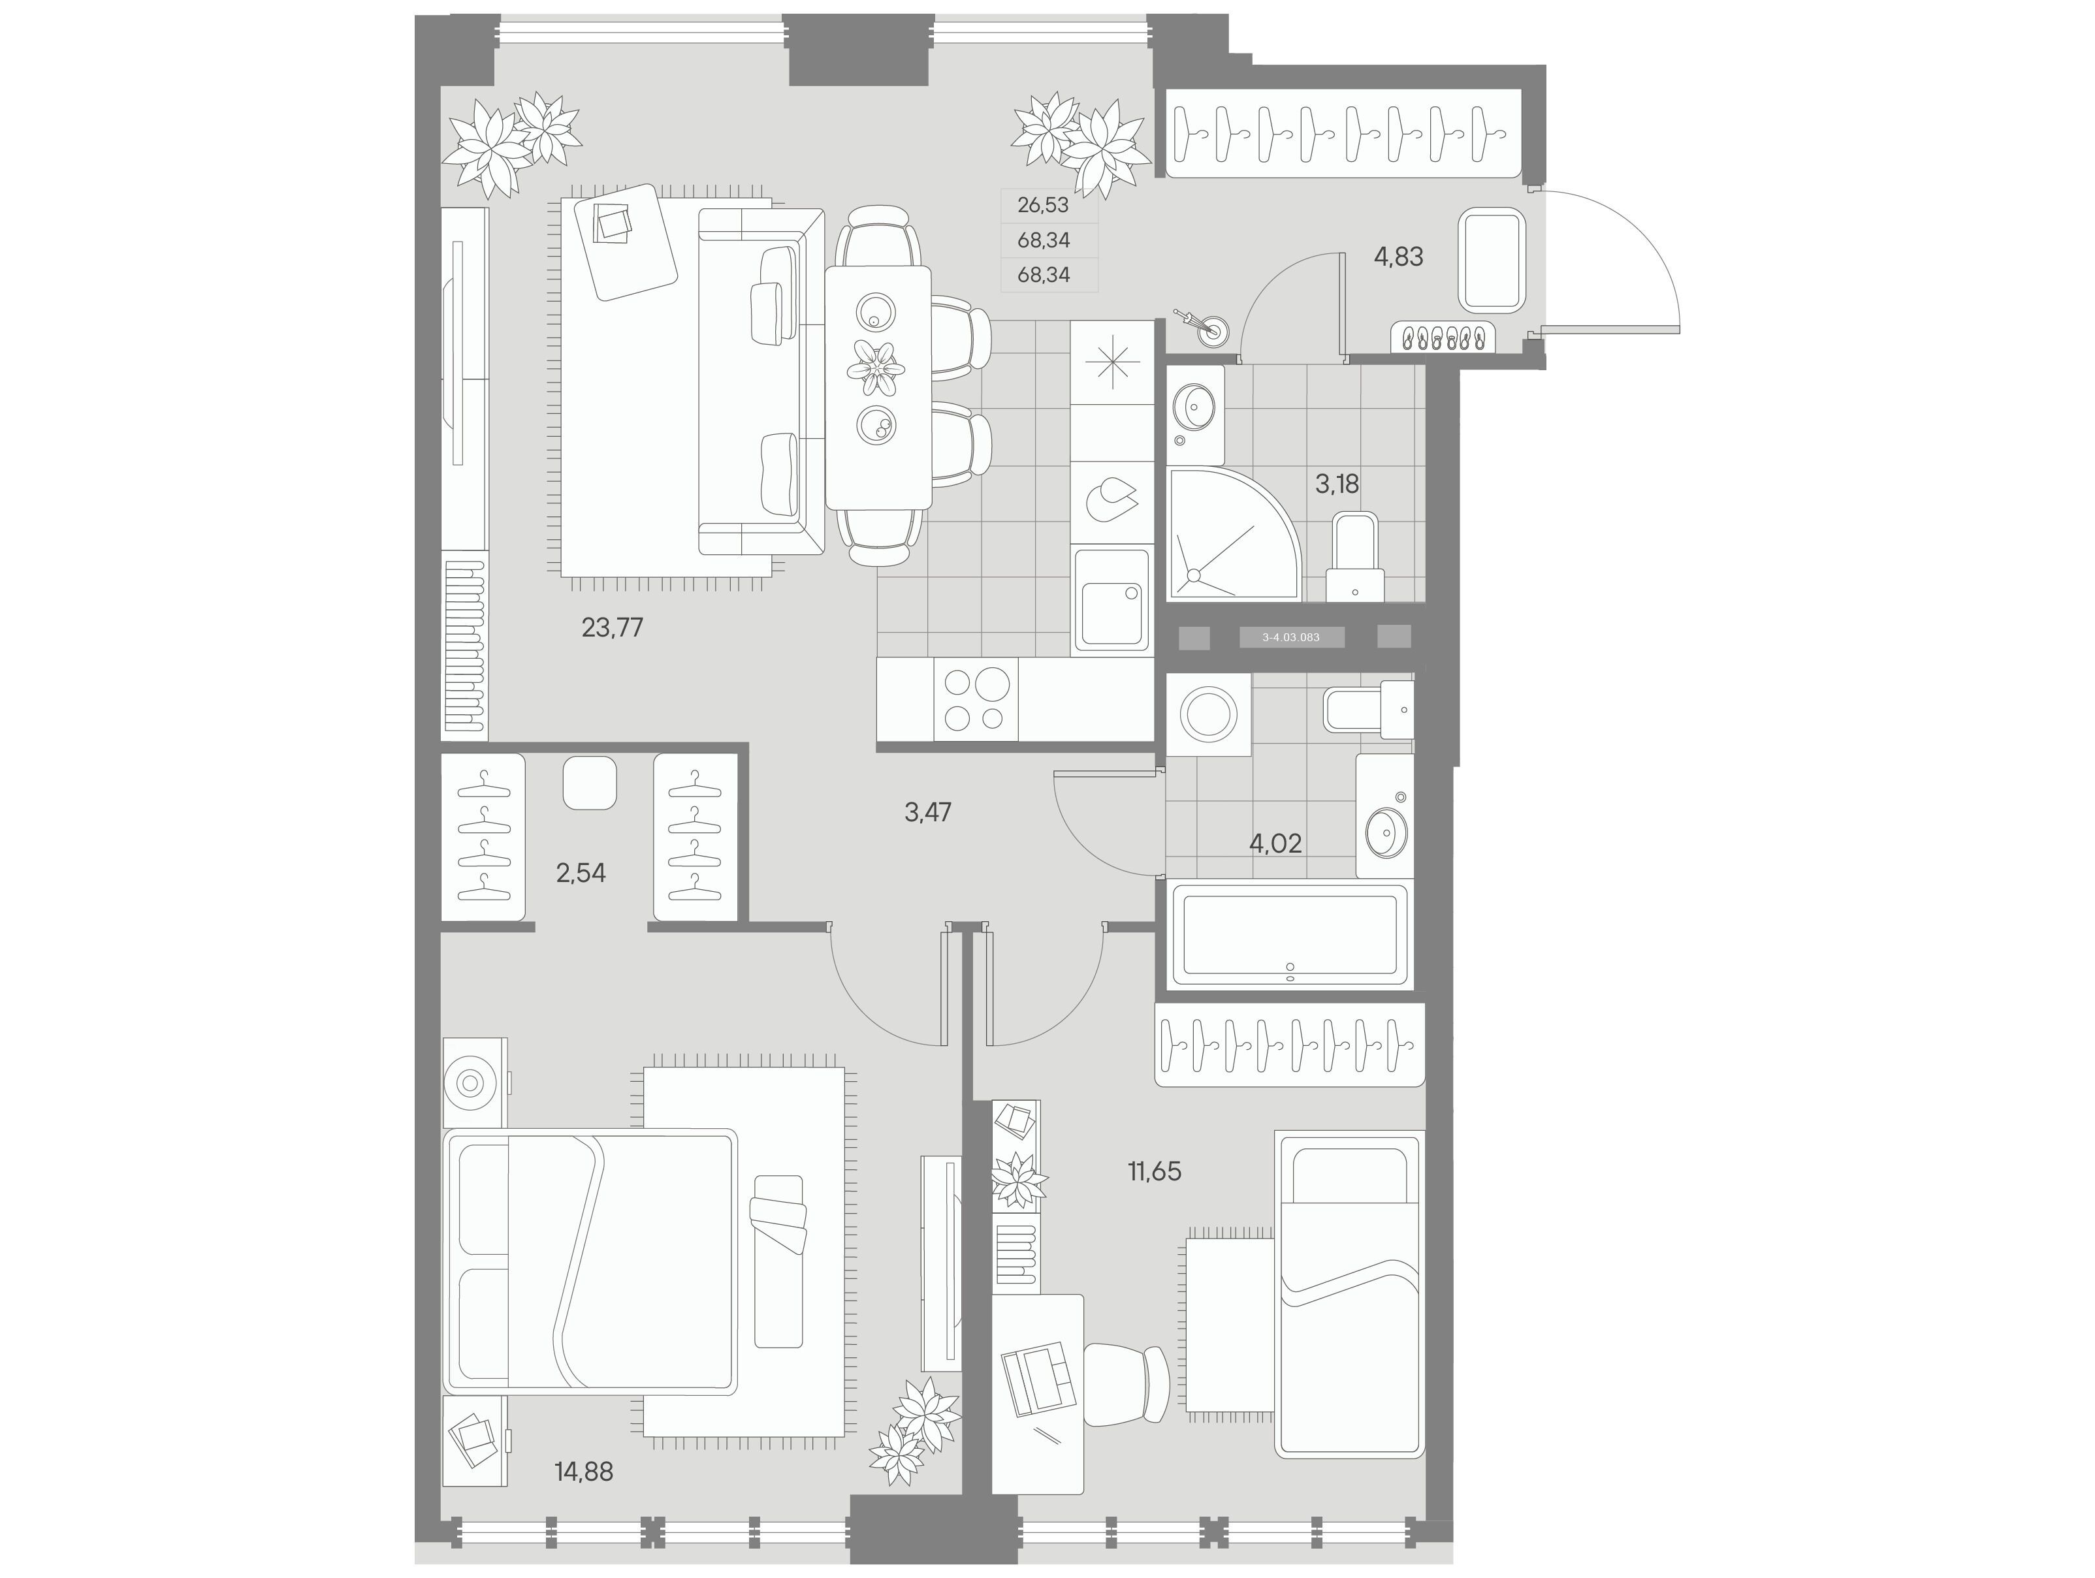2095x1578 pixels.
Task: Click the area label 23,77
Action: click(612, 627)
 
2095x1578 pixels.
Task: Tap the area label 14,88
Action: click(583, 1472)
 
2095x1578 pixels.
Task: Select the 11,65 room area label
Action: click(1155, 1172)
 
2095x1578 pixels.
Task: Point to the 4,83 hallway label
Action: click(1398, 257)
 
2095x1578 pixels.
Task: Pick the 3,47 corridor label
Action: click(927, 812)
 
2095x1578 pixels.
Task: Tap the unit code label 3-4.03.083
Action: click(1291, 637)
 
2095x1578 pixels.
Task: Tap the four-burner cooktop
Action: click(976, 699)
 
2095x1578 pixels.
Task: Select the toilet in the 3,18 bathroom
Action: click(1354, 557)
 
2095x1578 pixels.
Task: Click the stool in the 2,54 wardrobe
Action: click(589, 783)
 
